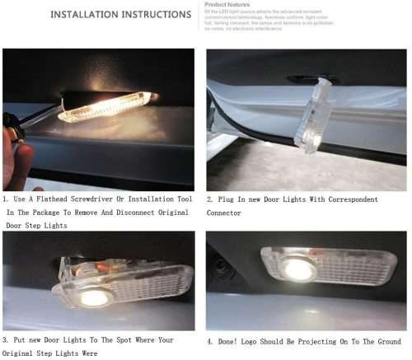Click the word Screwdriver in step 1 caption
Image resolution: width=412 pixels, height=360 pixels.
[x=112, y=199]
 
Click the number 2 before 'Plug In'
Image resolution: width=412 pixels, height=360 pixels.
[x=209, y=199]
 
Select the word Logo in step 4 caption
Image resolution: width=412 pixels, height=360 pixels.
[x=262, y=340]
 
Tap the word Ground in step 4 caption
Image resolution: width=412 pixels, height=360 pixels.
[x=385, y=340]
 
